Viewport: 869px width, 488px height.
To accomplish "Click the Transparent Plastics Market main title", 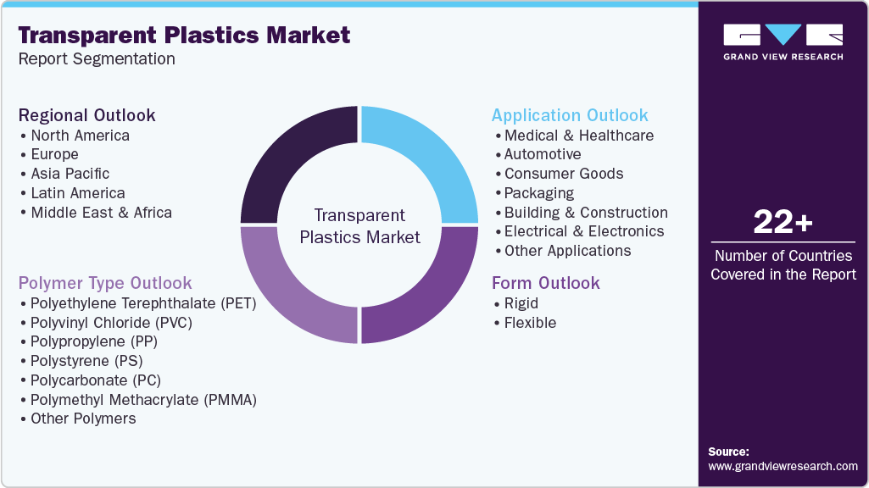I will pyautogui.click(x=184, y=36).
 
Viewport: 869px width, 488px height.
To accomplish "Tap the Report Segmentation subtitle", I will pyautogui.click(x=97, y=59).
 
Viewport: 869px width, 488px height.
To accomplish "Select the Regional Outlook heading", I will pyautogui.click(x=87, y=115).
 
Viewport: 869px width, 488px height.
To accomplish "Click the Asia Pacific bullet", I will pyautogui.click(x=70, y=174).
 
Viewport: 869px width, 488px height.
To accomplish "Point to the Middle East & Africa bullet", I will pyautogui.click(x=101, y=213).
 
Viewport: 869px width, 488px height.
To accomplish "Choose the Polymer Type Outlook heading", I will pyautogui.click(x=105, y=283).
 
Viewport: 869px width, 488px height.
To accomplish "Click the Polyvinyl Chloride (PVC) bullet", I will pyautogui.click(x=111, y=322).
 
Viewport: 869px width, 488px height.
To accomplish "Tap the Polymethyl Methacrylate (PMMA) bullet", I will pyautogui.click(x=143, y=399).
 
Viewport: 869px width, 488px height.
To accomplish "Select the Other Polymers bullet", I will pyautogui.click(x=83, y=419).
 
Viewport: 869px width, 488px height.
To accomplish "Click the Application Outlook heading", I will pyautogui.click(x=570, y=115).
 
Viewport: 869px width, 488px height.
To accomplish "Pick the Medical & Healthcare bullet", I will pyautogui.click(x=579, y=136).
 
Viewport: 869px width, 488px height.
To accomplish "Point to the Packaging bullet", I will pyautogui.click(x=539, y=193).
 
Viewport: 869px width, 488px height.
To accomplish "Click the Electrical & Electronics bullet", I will pyautogui.click(x=584, y=231).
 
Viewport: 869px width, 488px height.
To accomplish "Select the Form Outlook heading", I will pyautogui.click(x=545, y=283).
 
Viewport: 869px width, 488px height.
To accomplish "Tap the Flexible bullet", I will pyautogui.click(x=530, y=323).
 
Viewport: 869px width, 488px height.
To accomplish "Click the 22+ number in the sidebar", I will pyautogui.click(x=783, y=222).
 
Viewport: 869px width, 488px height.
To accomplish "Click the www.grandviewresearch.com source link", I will pyautogui.click(x=783, y=466).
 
